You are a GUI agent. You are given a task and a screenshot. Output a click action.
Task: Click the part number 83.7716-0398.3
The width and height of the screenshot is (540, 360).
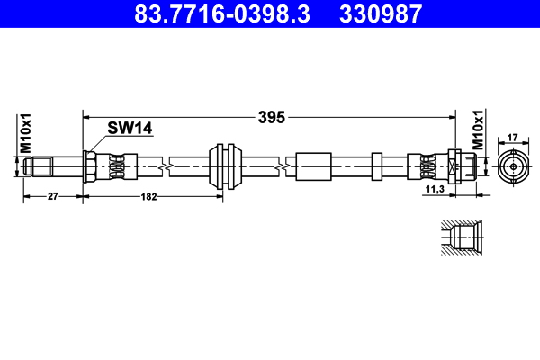pos(224,13)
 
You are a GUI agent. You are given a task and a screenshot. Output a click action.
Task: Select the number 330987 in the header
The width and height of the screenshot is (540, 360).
pos(380,13)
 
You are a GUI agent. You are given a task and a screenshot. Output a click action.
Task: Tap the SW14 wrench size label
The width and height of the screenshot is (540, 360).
pos(130,129)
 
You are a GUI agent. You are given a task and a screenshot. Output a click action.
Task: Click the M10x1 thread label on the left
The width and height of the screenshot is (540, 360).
pos(26,133)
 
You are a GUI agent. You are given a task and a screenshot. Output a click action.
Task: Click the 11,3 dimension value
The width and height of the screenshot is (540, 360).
pos(434,190)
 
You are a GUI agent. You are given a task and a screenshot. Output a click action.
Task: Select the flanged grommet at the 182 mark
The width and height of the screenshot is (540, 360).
pos(225,166)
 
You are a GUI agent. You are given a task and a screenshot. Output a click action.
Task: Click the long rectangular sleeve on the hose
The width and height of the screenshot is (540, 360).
pos(311,166)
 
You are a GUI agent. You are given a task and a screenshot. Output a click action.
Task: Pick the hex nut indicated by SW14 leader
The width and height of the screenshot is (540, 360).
pos(90,166)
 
